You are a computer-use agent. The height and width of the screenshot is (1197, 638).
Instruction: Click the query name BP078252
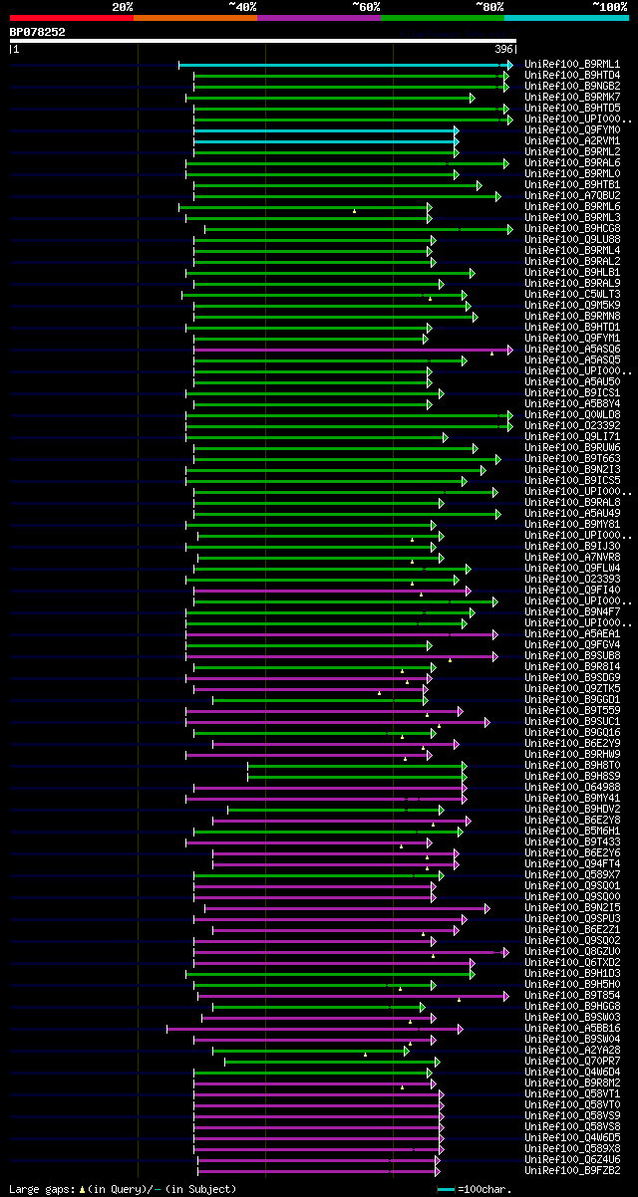tap(38, 32)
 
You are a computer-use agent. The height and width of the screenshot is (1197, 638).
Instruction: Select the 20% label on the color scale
tap(123, 6)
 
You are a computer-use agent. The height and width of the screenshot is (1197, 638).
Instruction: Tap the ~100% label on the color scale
tap(609, 6)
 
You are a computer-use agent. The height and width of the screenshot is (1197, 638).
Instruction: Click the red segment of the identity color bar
tap(71, 17)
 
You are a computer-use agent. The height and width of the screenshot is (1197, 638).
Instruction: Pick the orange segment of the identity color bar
tap(194, 17)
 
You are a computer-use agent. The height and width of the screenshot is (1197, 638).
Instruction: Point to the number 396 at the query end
tap(504, 49)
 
